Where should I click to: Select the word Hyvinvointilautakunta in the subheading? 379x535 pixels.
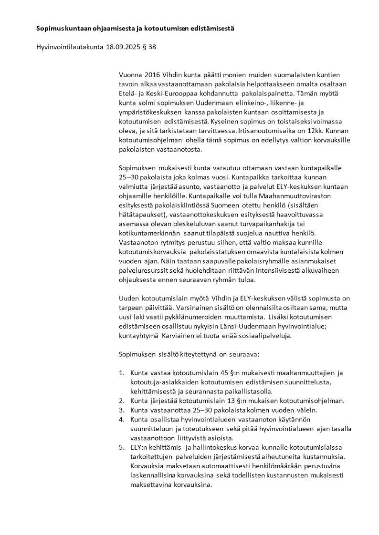point(70,47)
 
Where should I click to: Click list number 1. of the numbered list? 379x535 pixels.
point(121,372)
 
